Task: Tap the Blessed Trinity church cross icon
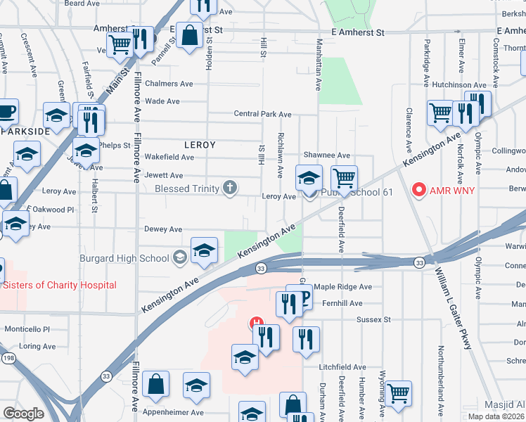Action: (229, 188)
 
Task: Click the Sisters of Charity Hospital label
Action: (60, 285)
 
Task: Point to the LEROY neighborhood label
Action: (199, 144)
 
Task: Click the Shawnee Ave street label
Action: (326, 155)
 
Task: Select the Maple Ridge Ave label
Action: (342, 287)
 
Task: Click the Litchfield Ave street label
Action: (342, 367)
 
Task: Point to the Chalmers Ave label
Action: (168, 84)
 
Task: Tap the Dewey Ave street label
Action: (163, 229)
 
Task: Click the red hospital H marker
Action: (257, 324)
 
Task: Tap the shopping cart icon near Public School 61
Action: (344, 177)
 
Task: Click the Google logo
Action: (23, 414)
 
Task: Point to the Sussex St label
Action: (373, 319)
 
